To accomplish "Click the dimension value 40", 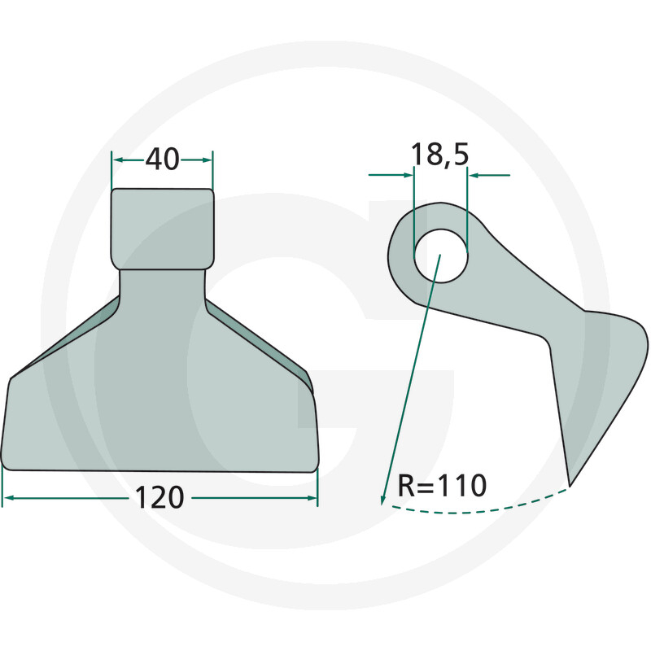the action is [162, 159].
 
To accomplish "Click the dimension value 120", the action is [159, 497].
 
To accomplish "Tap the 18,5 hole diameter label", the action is [439, 155].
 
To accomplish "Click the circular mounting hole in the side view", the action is [441, 256].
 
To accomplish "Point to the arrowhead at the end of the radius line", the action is [383, 500].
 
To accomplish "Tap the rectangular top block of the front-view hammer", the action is [162, 229].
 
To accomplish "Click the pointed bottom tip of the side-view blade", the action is [570, 485].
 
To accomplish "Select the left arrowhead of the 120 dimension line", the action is [7, 497].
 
